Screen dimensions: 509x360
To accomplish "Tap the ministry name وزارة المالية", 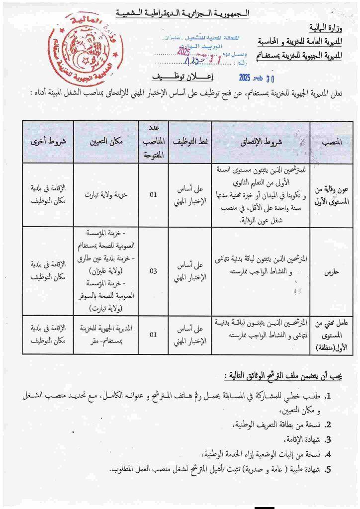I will (324, 27).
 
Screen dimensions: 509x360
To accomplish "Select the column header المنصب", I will (331, 142).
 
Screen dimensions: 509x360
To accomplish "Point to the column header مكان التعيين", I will (106, 142).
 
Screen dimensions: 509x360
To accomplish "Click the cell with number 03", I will (153, 271).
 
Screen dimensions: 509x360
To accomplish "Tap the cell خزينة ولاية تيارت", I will (106, 195).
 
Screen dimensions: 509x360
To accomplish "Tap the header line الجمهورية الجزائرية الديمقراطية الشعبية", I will (182, 12).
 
